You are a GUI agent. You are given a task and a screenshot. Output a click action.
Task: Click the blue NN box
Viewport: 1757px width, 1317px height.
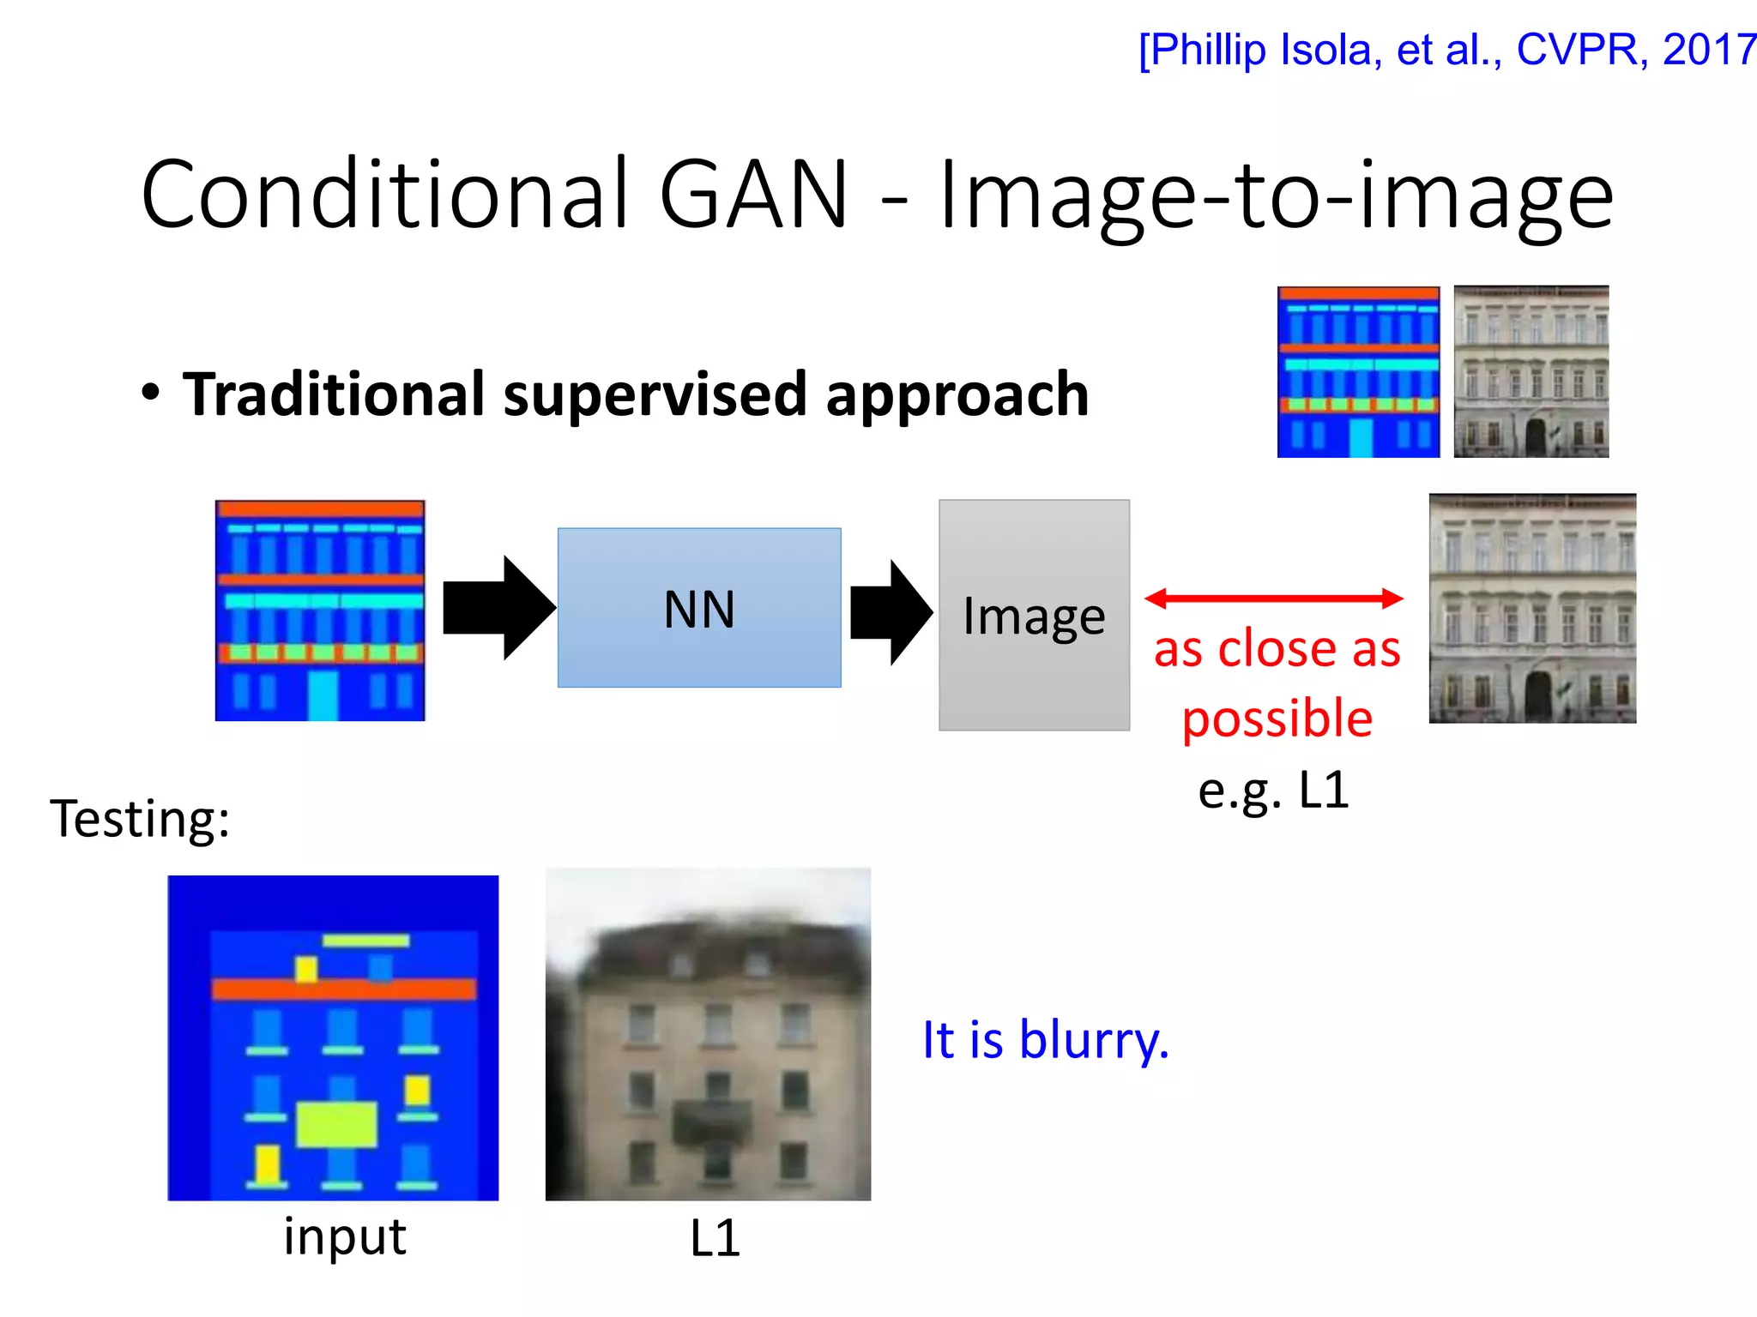pyautogui.click(x=699, y=608)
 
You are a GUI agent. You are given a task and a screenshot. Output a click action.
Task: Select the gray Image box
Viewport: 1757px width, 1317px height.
pyautogui.click(x=1034, y=615)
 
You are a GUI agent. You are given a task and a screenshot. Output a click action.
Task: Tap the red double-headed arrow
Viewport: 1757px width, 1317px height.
pyautogui.click(x=1274, y=598)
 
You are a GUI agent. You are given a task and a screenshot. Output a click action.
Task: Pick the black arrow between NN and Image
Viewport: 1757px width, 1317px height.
pyautogui.click(x=891, y=612)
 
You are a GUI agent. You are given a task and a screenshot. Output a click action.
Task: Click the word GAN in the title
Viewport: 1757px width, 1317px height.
pyautogui.click(x=753, y=195)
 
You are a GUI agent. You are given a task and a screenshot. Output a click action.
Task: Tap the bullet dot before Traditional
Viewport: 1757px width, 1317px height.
pyautogui.click(x=151, y=393)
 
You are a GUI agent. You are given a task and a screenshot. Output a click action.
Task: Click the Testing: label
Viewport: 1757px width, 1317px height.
pyautogui.click(x=140, y=818)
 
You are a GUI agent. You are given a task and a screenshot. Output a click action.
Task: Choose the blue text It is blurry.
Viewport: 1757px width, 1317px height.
pyautogui.click(x=1045, y=1040)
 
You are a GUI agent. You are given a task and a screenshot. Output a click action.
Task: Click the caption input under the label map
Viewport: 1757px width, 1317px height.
pyautogui.click(x=345, y=1237)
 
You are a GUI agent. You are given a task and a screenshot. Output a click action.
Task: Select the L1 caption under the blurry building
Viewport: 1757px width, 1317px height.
pyautogui.click(x=715, y=1239)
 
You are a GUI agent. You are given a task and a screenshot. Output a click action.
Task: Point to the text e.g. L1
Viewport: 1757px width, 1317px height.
pyautogui.click(x=1273, y=790)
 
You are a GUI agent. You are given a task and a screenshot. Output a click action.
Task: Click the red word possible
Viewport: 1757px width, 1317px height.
pyautogui.click(x=1277, y=719)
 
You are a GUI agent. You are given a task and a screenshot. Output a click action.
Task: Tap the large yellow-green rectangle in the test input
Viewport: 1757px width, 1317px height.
pyautogui.click(x=337, y=1124)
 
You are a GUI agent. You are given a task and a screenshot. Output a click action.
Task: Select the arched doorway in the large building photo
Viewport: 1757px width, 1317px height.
pyautogui.click(x=1538, y=695)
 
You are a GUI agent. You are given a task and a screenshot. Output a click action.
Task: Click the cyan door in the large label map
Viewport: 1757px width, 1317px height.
pyautogui.click(x=323, y=695)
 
